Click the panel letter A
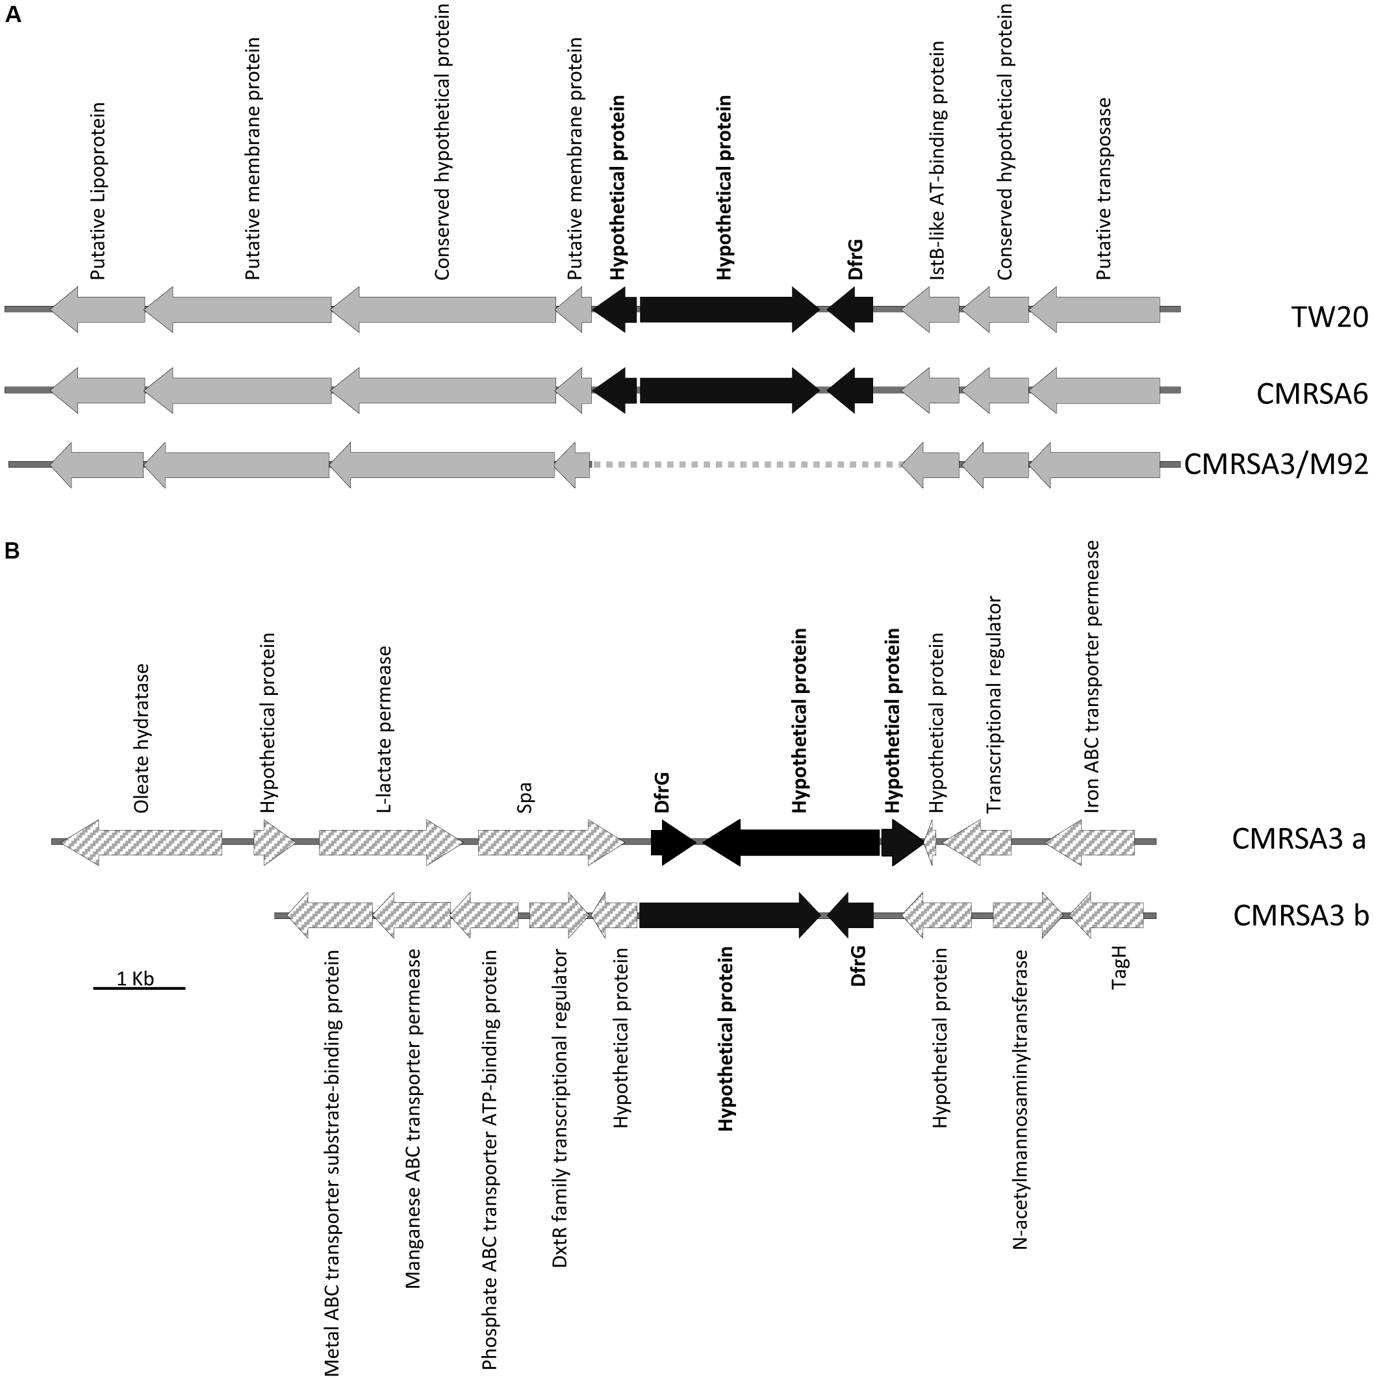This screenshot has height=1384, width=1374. [x=13, y=15]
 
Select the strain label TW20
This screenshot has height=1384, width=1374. [x=1330, y=318]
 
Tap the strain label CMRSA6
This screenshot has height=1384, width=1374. [x=1312, y=394]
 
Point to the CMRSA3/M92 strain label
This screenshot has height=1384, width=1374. [x=1275, y=464]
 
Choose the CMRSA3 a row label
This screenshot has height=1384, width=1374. [x=1298, y=839]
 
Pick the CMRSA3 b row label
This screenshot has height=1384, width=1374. [x=1300, y=916]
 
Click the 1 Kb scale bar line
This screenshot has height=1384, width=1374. [x=139, y=988]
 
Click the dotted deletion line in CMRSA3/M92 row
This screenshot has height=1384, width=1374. [x=745, y=465]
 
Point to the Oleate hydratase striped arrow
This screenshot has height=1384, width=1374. [x=144, y=842]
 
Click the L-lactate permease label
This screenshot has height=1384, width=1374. [x=385, y=729]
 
